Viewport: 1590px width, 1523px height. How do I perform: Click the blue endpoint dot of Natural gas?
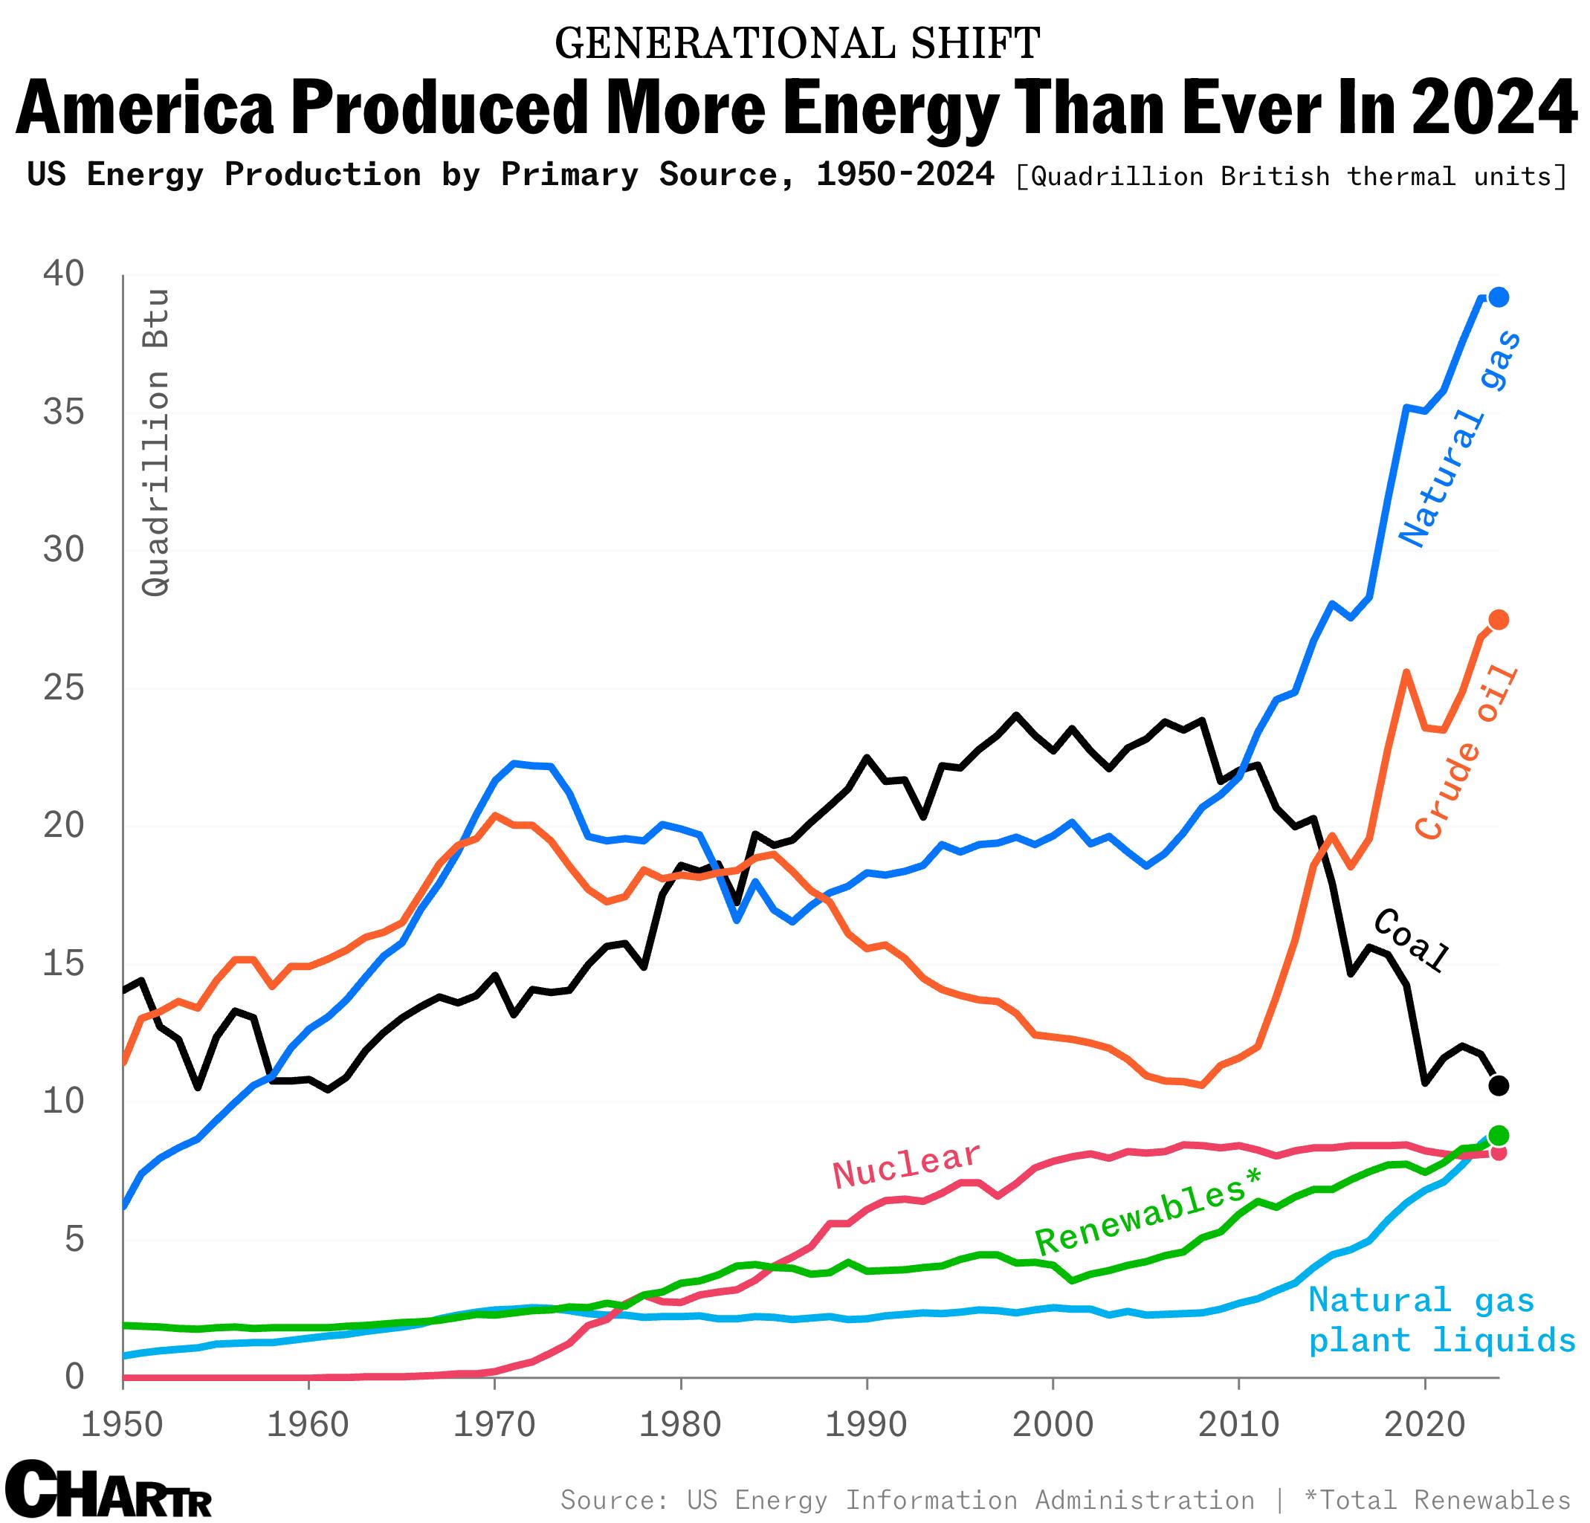pos(1499,297)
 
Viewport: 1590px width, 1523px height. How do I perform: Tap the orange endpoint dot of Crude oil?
pos(1499,620)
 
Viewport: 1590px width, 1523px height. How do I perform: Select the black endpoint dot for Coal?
pos(1499,1085)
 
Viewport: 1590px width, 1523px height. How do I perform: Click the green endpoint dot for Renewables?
pos(1499,1134)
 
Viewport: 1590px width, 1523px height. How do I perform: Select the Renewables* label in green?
pos(1148,1212)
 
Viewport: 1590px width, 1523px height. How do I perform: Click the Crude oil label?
pos(1465,751)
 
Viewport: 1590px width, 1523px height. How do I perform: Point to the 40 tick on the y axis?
pos(63,274)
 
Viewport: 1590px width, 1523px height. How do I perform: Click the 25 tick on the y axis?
pos(63,688)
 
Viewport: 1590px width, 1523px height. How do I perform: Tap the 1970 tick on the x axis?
pos(494,1424)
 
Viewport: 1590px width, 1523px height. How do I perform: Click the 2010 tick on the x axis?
pos(1238,1424)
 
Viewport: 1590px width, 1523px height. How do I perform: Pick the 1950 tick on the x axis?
pos(122,1424)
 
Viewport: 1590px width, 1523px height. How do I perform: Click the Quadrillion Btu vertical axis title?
pos(156,442)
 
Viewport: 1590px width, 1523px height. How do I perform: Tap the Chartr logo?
pos(107,1489)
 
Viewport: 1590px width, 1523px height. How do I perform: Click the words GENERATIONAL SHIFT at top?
pos(797,43)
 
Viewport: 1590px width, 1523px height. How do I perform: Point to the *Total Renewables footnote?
pos(1437,1499)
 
